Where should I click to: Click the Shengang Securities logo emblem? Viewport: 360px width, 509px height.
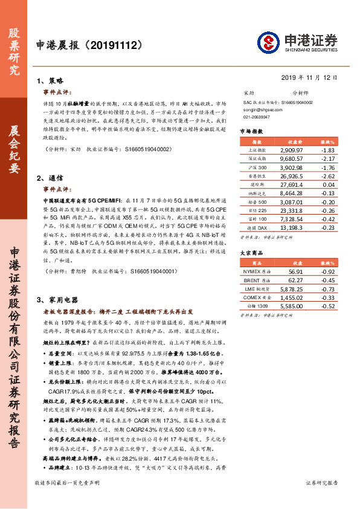(268, 42)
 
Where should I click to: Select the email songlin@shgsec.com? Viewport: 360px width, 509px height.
(260, 110)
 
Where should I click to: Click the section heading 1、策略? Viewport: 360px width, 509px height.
(50, 80)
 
